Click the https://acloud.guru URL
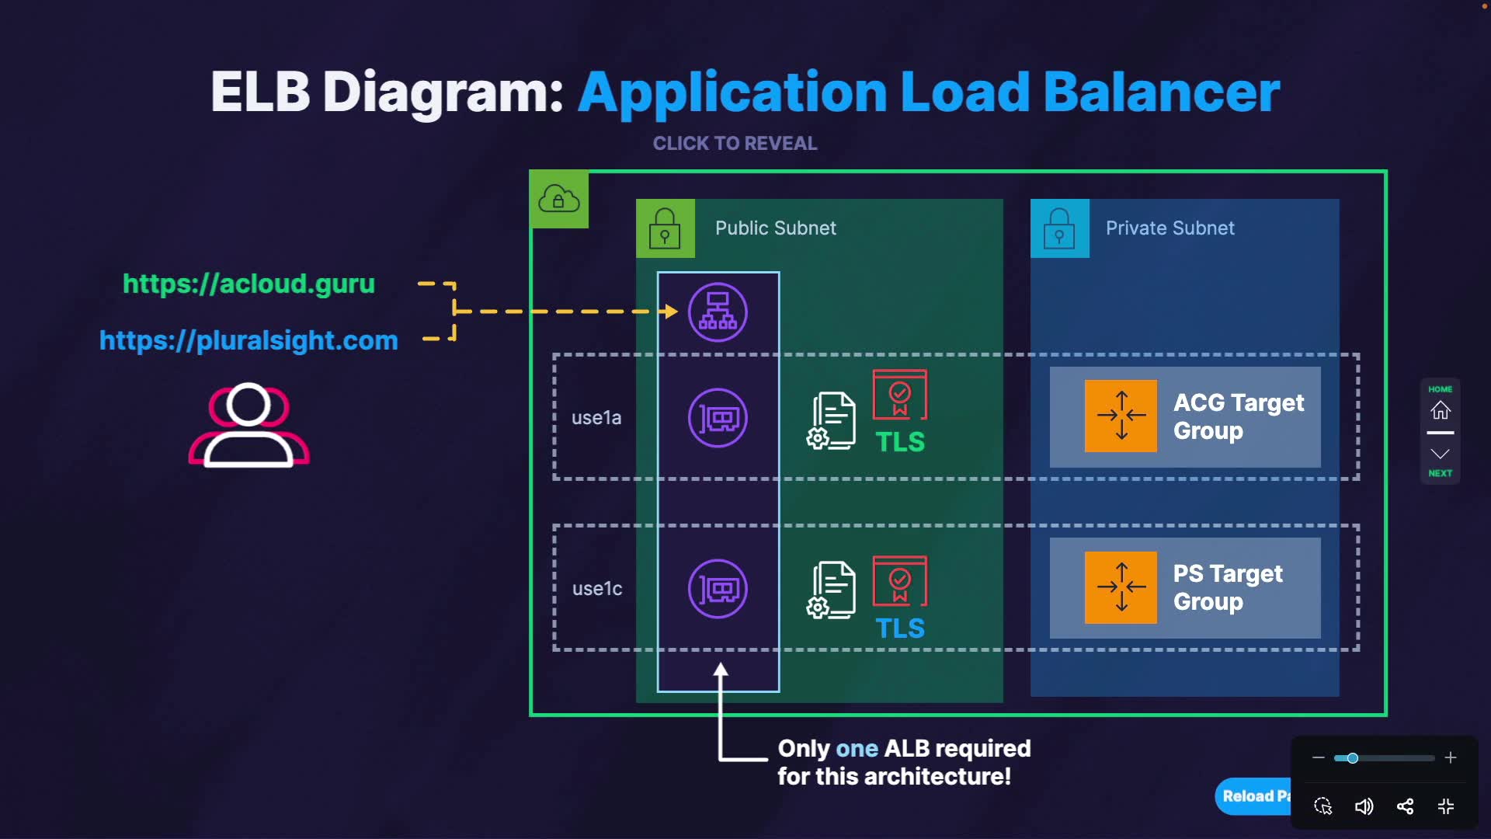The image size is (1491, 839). [x=248, y=284]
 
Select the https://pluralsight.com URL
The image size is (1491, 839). [x=248, y=340]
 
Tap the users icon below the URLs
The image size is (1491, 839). [x=248, y=425]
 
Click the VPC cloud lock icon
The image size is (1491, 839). [x=559, y=199]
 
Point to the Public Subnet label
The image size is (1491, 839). [x=775, y=228]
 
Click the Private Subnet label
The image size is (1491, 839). [x=1170, y=228]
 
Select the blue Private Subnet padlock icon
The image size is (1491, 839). [x=1059, y=228]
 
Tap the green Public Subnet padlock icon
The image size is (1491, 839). [x=665, y=228]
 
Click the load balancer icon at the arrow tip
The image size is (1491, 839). [x=718, y=312]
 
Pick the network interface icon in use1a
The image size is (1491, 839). [x=718, y=418]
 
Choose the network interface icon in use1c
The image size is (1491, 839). [x=718, y=589]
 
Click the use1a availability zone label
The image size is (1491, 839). [x=596, y=418]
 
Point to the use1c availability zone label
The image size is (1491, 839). [x=596, y=589]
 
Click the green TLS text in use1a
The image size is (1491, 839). [x=900, y=442]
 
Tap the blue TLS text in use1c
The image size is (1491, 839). [x=900, y=628]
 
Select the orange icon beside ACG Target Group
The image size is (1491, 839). [x=1121, y=416]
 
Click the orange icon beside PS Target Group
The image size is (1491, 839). [x=1121, y=587]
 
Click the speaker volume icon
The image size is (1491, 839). [x=1364, y=806]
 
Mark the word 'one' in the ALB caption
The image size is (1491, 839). [x=857, y=749]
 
